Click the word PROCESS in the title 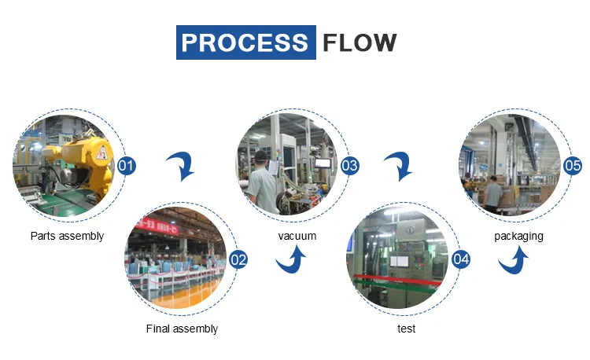(x=245, y=42)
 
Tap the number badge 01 (x=126, y=166)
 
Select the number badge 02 (x=238, y=259)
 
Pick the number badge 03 (x=349, y=166)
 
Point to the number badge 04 (x=461, y=259)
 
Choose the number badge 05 (x=573, y=166)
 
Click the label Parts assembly (x=67, y=236)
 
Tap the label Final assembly (x=182, y=329)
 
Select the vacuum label (x=297, y=236)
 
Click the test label (x=406, y=329)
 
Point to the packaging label (x=518, y=236)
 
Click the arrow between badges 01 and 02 (x=182, y=166)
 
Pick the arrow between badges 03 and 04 (x=401, y=166)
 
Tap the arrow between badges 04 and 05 (x=514, y=260)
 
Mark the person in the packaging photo (x=493, y=192)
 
